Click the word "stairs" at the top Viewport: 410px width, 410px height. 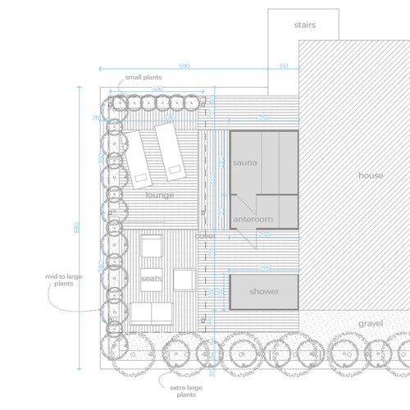[x=304, y=25]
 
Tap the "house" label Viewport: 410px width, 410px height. [x=371, y=175]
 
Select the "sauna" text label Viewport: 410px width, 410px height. [x=244, y=162]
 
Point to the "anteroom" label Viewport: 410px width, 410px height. [x=253, y=220]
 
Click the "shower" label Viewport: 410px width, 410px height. [x=264, y=292]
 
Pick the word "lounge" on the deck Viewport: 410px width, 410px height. [x=160, y=196]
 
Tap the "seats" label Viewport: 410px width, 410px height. [x=151, y=279]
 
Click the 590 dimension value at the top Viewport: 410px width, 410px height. [x=184, y=66]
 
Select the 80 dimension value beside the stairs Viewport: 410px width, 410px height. [x=284, y=66]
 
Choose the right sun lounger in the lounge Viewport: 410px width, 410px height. [x=170, y=152]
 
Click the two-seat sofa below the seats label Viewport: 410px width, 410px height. [x=152, y=312]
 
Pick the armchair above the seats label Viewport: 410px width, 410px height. [x=151, y=247]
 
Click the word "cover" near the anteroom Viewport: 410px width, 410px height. [x=204, y=236]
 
